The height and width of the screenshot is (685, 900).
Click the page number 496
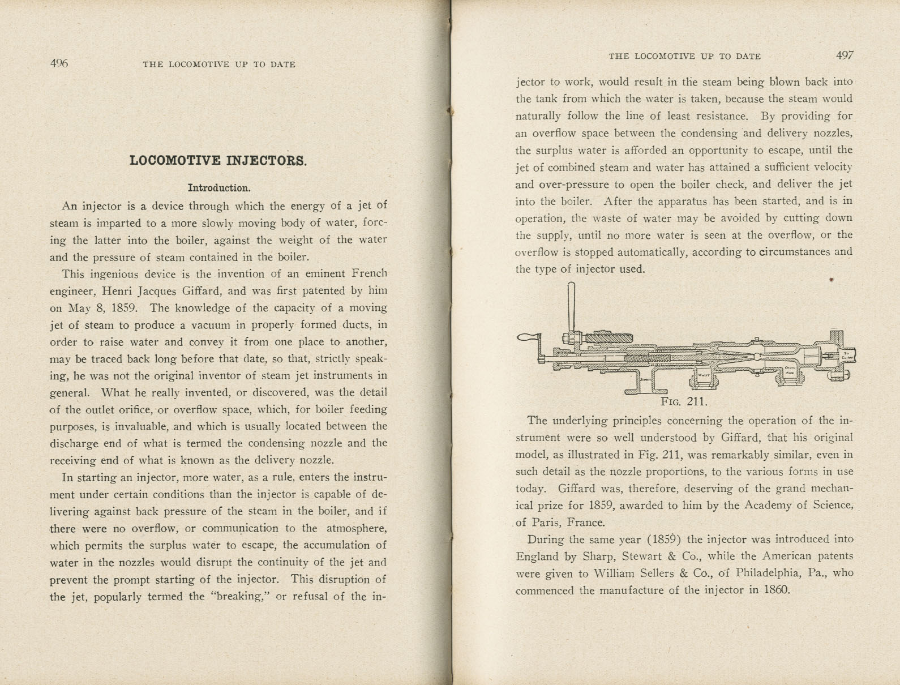coord(59,63)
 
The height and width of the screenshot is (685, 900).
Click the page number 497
coord(844,55)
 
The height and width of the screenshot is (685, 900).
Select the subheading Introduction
coord(219,188)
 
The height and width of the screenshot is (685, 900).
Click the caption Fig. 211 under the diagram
coord(684,401)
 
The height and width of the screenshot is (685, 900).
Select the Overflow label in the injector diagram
coord(790,370)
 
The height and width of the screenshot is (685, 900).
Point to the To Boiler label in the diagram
coord(847,356)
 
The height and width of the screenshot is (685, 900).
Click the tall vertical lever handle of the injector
coord(571,309)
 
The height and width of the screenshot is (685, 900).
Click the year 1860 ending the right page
coord(776,590)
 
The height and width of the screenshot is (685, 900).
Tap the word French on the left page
coord(369,273)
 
